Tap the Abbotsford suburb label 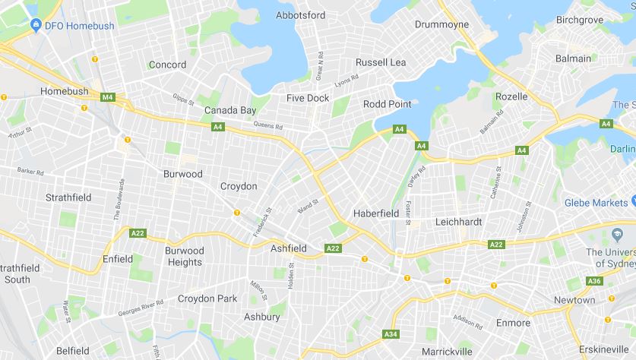coord(300,15)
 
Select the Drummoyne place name coord(441,24)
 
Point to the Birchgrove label coord(580,20)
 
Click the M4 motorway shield coord(107,97)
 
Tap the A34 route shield coord(391,334)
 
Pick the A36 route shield coord(595,282)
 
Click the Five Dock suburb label coord(308,98)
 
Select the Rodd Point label coord(387,104)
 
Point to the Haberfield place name coord(376,213)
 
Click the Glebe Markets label coord(596,203)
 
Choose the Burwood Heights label coord(185,256)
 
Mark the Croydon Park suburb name coord(207,298)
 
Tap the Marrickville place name coord(447,352)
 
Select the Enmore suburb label coord(513,323)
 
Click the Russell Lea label coord(381,62)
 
